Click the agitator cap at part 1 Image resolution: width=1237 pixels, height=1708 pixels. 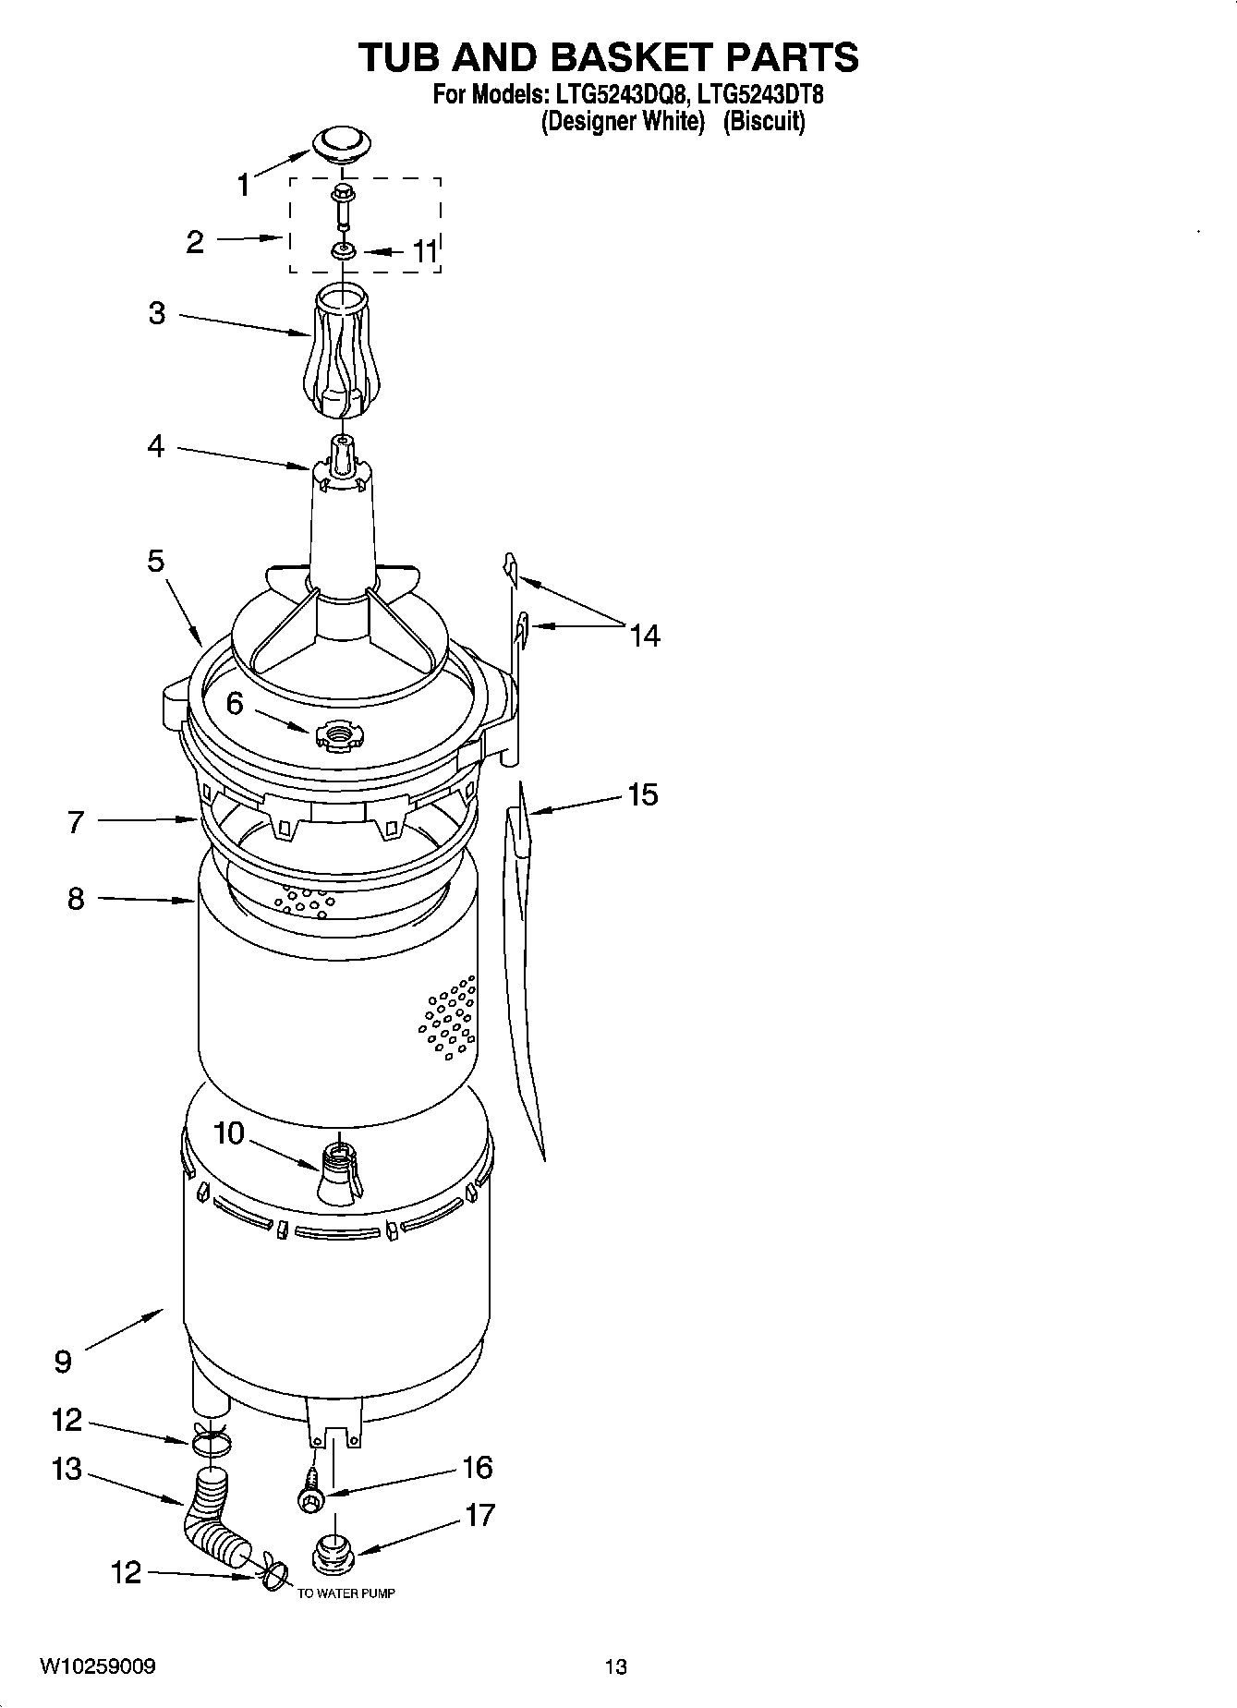click(x=342, y=143)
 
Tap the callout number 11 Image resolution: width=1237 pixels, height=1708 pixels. click(x=424, y=251)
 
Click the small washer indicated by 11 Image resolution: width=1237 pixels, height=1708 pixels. click(x=343, y=250)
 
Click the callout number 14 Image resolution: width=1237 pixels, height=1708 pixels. click(x=645, y=636)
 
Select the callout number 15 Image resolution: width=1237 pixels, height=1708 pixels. click(x=643, y=794)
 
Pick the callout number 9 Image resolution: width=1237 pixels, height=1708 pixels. click(x=62, y=1362)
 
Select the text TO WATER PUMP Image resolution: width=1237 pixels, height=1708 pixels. click(x=346, y=1593)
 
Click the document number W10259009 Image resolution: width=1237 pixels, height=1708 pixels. click(x=97, y=1666)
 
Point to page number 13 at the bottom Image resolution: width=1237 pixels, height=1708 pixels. click(x=615, y=1666)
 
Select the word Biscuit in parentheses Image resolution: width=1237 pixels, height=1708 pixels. click(x=763, y=121)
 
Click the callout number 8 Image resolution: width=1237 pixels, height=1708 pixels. click(x=76, y=898)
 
